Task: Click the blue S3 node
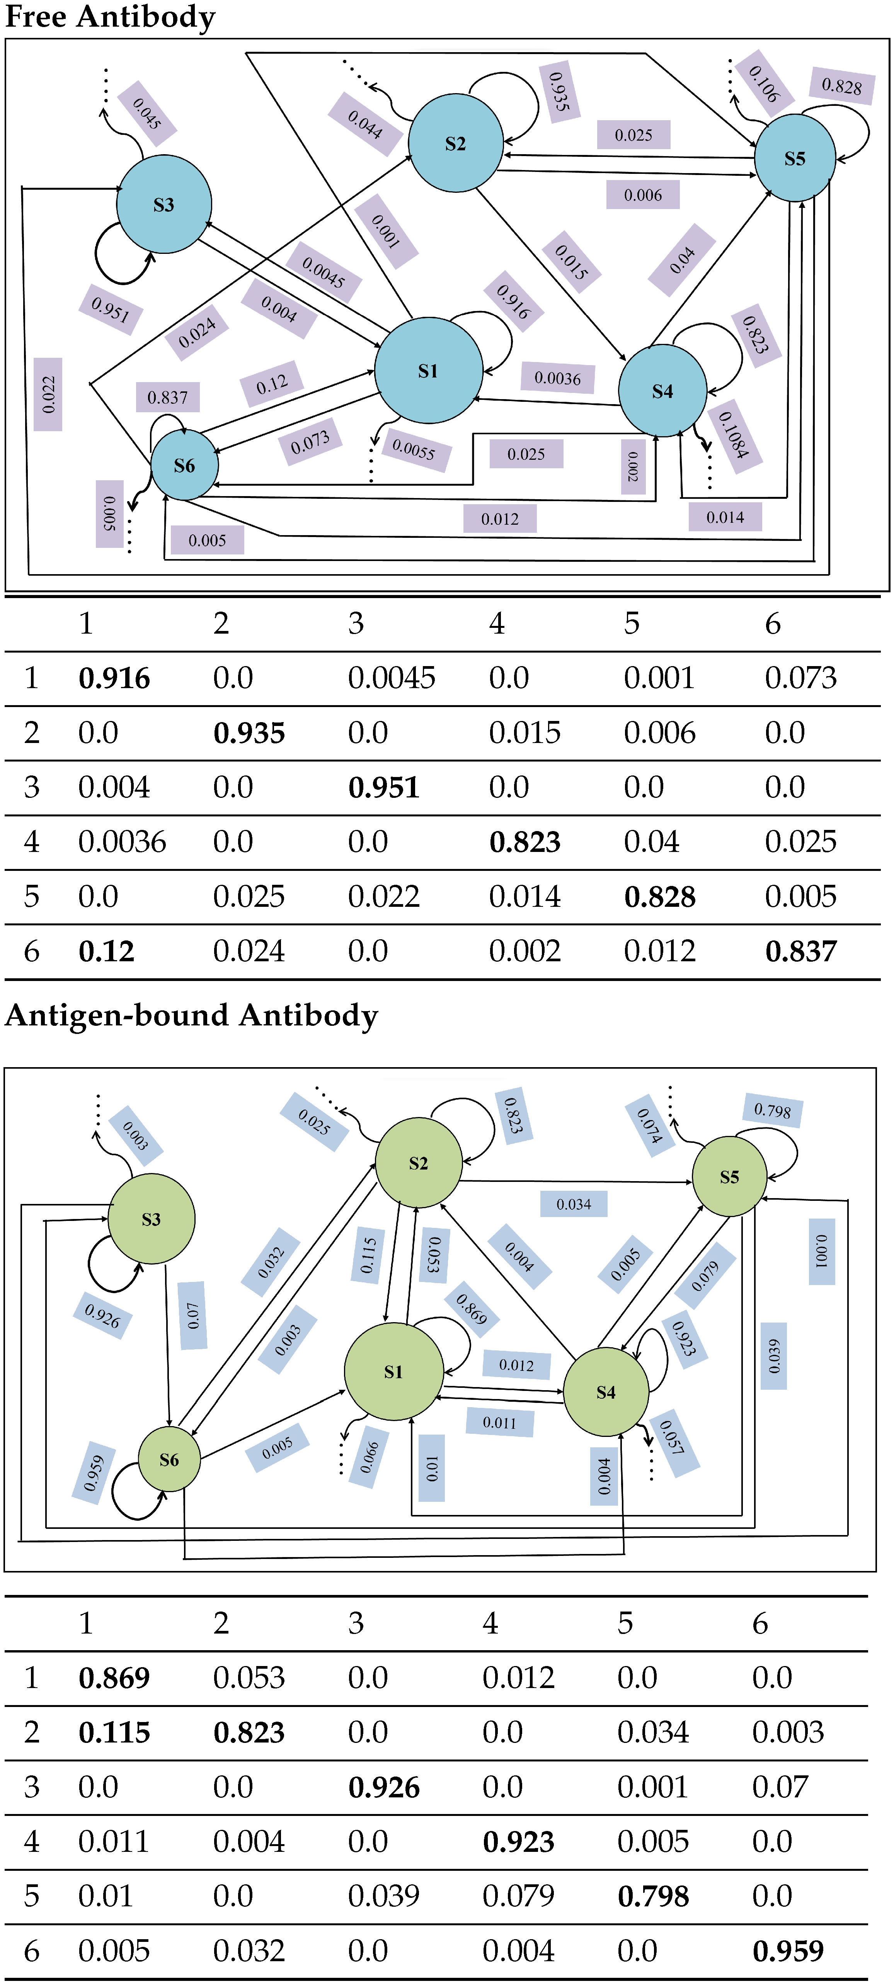(163, 204)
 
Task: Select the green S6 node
(169, 1459)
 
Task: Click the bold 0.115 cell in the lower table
(114, 1732)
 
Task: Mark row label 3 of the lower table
(32, 1787)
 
